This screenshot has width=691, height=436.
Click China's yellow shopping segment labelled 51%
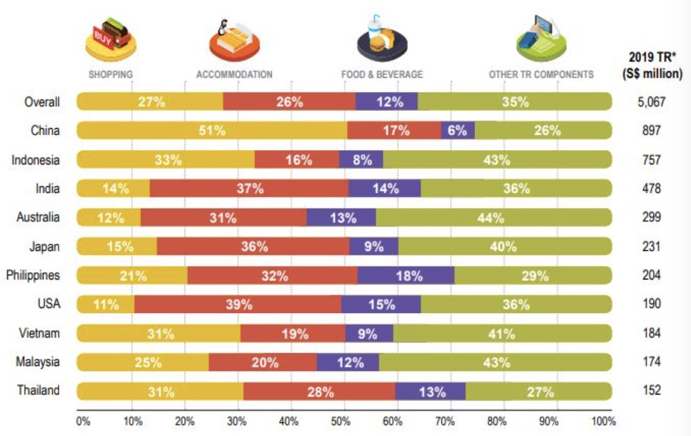point(212,130)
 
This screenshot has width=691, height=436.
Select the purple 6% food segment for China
point(458,130)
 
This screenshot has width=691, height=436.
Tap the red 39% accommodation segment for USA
point(238,304)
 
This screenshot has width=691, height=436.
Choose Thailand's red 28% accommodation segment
point(319,391)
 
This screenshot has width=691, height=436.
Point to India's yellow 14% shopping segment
point(114,188)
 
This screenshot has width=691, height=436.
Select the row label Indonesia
point(36,159)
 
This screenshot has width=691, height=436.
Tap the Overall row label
point(42,101)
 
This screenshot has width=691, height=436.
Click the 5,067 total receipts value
point(651,101)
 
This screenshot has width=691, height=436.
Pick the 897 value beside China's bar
point(651,130)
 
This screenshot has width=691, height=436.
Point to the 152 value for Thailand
point(651,391)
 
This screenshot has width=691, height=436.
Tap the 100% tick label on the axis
point(603,421)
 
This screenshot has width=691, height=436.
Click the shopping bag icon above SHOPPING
point(110,40)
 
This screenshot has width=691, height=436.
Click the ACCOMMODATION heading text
point(234,74)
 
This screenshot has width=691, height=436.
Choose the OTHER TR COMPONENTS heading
point(541,74)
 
